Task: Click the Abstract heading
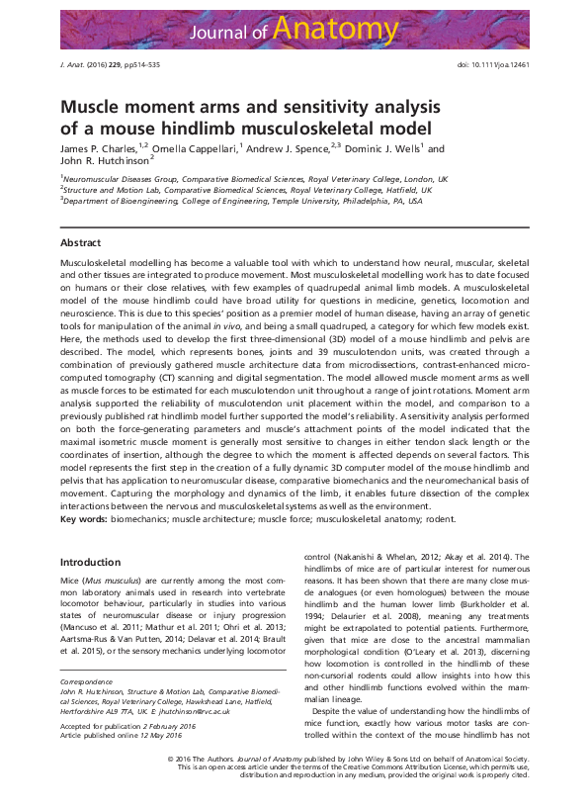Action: click(80, 242)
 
